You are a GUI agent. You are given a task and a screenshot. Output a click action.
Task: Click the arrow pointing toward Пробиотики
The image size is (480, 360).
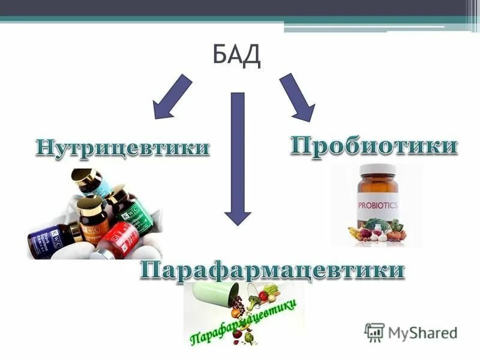tap(297, 97)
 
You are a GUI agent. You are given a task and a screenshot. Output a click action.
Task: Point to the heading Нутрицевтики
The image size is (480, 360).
tap(123, 147)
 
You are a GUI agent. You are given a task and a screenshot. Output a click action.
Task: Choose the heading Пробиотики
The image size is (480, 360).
tap(374, 146)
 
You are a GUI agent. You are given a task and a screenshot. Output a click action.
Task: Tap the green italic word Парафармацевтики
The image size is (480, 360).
tap(244, 323)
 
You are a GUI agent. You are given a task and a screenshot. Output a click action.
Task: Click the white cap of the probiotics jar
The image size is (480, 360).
tap(376, 169)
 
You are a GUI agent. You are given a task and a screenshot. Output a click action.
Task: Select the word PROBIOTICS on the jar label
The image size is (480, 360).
tap(378, 204)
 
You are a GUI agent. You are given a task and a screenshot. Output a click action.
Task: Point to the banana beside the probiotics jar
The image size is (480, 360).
tap(354, 231)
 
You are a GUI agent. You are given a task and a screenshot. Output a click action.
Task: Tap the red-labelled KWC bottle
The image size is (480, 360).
tap(118, 239)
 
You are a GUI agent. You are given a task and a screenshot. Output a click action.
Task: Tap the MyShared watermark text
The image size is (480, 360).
tap(422, 332)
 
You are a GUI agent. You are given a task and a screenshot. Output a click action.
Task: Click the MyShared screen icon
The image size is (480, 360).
tap(374, 332)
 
